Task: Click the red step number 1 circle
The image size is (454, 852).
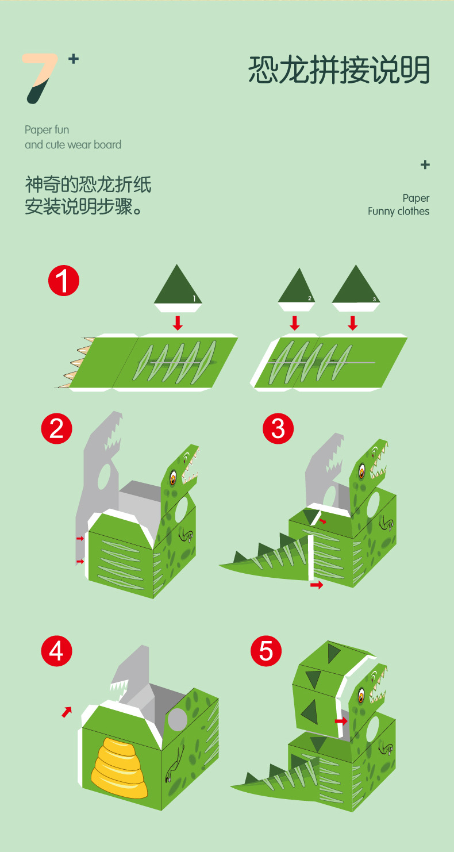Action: [63, 281]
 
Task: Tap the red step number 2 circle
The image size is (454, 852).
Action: [56, 428]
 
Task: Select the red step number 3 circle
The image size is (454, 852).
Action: [278, 428]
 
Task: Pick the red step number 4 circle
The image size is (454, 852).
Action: [56, 651]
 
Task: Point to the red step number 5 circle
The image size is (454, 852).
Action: [266, 651]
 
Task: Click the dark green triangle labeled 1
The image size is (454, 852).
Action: [178, 286]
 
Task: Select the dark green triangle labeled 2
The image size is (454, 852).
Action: [297, 287]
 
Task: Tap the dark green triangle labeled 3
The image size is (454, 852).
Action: [356, 286]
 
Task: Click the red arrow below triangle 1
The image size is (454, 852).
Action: [178, 323]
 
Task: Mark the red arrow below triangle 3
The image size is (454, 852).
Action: [353, 323]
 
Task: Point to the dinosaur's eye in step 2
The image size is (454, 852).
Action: [172, 477]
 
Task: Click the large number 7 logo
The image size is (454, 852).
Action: [39, 78]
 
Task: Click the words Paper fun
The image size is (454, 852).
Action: [47, 130]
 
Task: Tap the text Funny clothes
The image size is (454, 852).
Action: [398, 211]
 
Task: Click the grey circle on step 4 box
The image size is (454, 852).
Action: [177, 719]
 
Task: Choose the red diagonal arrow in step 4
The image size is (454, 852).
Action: [67, 712]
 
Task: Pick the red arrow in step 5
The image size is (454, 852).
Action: [341, 721]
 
